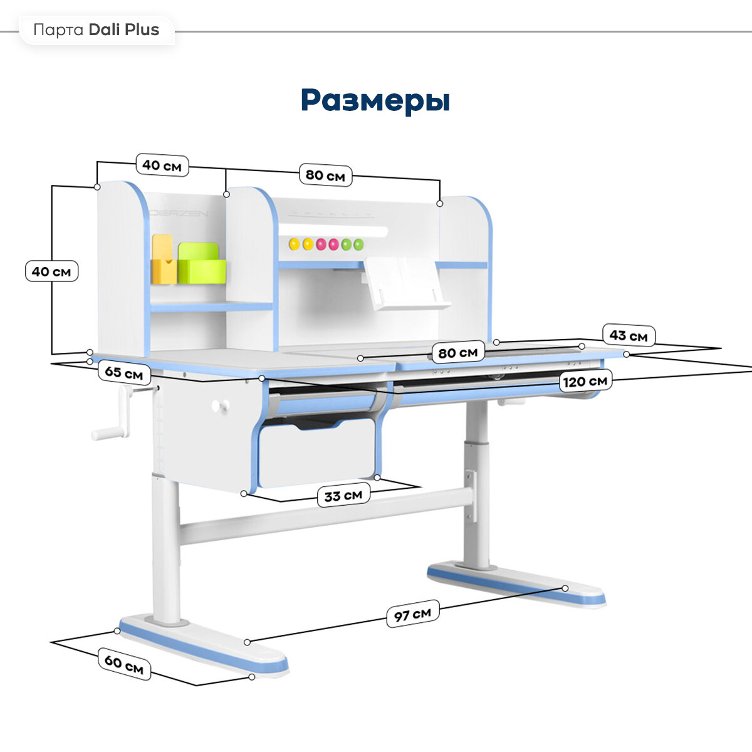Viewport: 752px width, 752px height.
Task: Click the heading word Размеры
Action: (375, 100)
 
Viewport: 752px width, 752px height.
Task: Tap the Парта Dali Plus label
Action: (97, 30)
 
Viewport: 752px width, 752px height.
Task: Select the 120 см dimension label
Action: (585, 381)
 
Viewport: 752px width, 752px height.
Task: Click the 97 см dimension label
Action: (412, 615)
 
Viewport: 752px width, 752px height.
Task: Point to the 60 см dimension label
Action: (124, 664)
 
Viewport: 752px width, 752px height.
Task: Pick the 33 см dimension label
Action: (343, 496)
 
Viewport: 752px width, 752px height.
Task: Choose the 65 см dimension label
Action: (124, 373)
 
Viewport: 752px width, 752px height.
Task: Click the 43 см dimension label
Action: (628, 335)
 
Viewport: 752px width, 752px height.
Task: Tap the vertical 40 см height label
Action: (51, 271)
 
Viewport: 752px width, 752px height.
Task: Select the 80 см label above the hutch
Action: (325, 175)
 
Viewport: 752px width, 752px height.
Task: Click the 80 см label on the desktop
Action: (457, 352)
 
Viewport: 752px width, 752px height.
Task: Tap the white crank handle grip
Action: (110, 432)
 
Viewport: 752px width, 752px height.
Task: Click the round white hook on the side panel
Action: (217, 406)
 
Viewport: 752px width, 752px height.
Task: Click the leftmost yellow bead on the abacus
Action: (294, 244)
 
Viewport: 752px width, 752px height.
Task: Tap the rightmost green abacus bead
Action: (358, 244)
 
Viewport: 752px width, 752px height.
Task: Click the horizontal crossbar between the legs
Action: (326, 514)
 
